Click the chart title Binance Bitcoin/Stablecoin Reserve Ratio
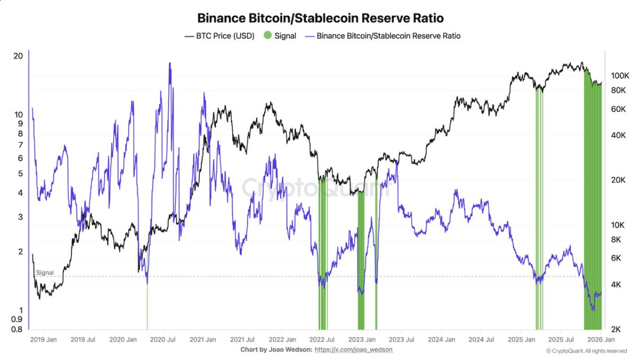[x=320, y=18]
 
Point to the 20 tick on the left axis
[x=18, y=56]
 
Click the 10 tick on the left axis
[x=18, y=114]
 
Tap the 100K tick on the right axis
[x=618, y=76]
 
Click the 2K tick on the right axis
[x=615, y=329]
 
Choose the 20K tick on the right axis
[x=617, y=180]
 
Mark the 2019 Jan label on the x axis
[x=44, y=339]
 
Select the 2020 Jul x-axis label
[x=164, y=339]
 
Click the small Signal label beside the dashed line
[x=45, y=273]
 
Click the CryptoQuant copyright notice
[x=586, y=351]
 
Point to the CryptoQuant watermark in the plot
[x=311, y=187]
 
